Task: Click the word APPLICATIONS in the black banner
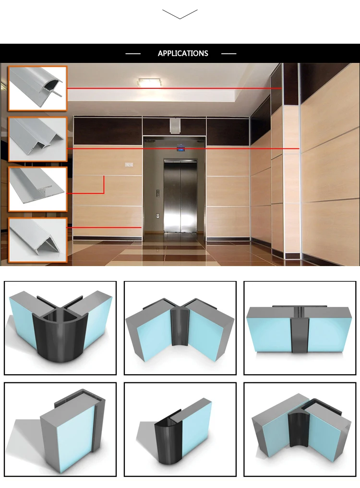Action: coord(183,53)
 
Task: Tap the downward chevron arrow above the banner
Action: coord(180,14)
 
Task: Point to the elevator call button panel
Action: coord(158,193)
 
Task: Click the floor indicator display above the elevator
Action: coord(180,149)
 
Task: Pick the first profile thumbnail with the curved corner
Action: coord(37,88)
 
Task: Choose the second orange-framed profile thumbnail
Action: coord(37,139)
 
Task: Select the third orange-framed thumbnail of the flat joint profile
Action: coord(37,189)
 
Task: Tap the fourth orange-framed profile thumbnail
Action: coord(37,240)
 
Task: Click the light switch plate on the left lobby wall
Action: coord(129,164)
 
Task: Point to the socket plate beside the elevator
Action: coord(158,215)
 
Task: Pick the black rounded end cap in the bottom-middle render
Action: coord(168,441)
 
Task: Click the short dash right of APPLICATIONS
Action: coord(228,53)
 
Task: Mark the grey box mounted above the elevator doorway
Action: coord(175,126)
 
